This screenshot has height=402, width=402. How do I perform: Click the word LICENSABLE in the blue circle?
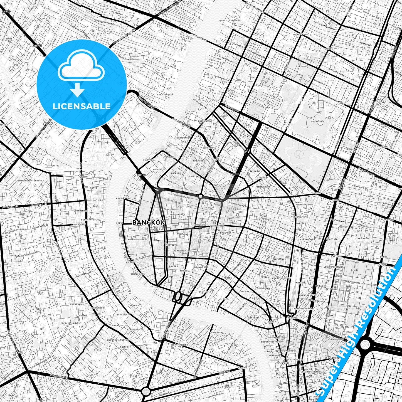click(82, 106)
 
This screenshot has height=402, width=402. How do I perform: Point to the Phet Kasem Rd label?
click(59, 376)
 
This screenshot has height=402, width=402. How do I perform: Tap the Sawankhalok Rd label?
click(340, 145)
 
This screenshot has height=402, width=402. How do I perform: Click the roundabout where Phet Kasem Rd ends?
click(146, 391)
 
